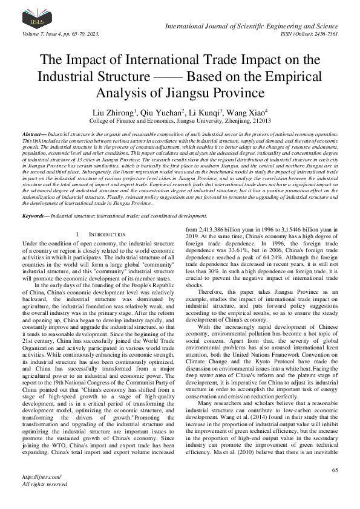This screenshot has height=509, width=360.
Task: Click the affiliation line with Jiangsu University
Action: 180,121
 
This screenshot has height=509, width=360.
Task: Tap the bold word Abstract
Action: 32,133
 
